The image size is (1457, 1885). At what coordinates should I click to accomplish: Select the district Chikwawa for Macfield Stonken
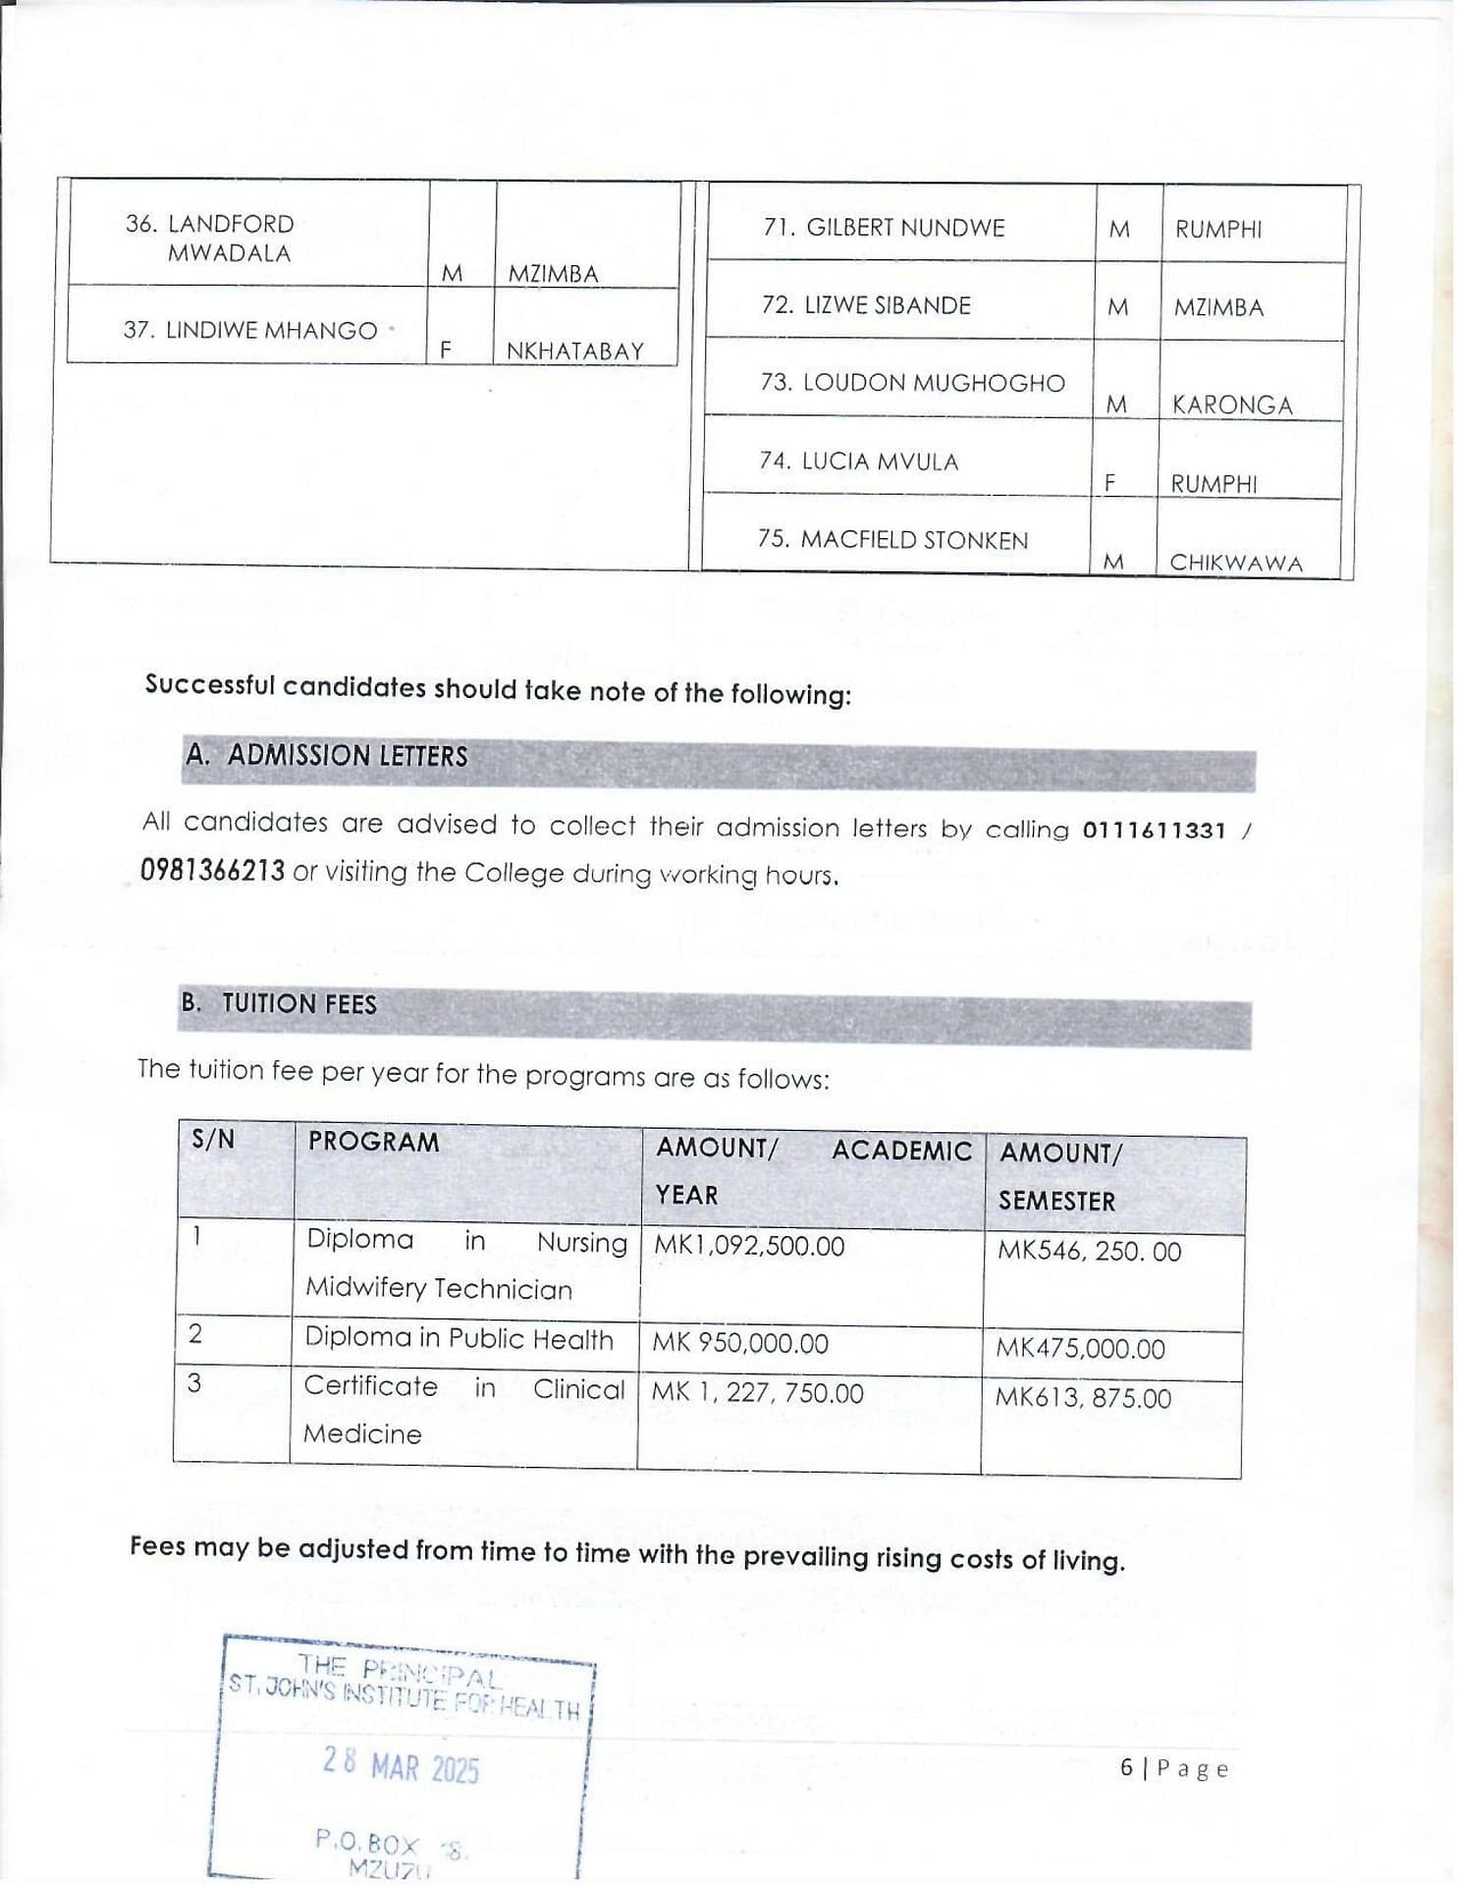pos(1235,563)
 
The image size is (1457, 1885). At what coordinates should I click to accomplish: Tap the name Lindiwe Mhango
pos(250,331)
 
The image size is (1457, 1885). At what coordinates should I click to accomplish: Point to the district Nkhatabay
pos(574,350)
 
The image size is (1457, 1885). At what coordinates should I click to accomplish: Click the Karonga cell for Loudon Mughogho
pos(1231,404)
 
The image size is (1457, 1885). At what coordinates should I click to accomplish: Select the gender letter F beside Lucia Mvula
pos(1110,482)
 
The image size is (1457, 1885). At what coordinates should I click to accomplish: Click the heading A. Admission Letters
pos(328,756)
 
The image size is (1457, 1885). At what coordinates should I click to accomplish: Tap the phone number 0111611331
pos(1154,831)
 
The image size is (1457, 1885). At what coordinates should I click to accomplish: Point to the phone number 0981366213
pos(212,871)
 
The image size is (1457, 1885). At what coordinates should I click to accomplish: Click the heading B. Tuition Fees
pos(279,1003)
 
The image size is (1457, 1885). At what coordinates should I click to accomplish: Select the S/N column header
pos(213,1140)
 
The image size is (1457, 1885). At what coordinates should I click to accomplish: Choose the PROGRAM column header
pos(373,1142)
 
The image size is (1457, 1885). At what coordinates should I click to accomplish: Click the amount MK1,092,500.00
pos(749,1246)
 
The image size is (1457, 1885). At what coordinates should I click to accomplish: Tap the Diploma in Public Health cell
pos(459,1338)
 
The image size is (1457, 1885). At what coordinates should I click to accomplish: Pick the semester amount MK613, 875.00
pos(1083,1397)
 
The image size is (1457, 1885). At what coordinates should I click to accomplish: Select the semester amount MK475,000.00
pos(1080,1348)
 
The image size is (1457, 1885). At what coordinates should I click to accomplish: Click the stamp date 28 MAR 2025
pos(401,1767)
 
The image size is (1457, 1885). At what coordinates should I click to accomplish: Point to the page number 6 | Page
pos(1174,1768)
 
